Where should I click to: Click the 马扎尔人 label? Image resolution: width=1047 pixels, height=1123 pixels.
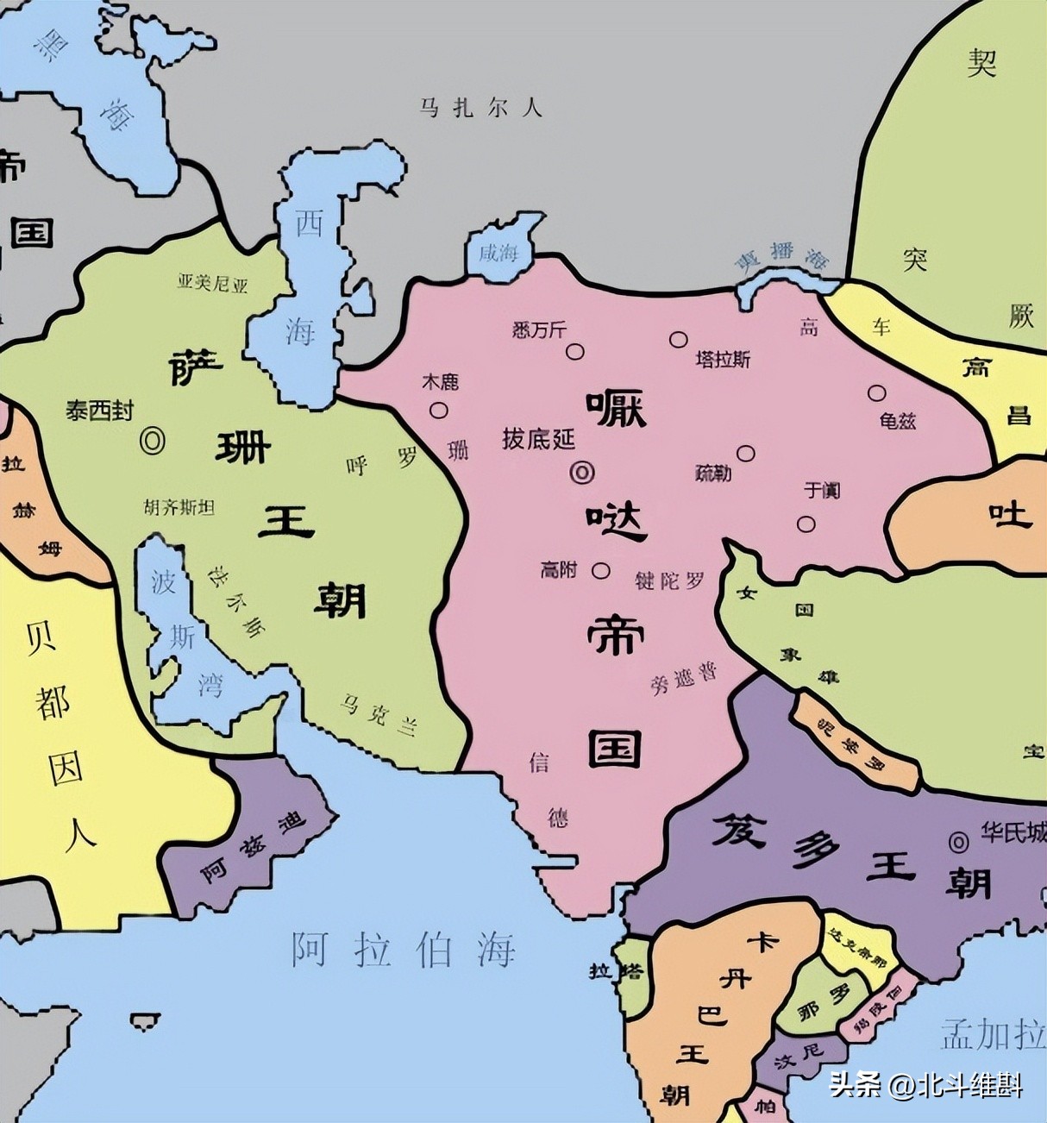point(480,108)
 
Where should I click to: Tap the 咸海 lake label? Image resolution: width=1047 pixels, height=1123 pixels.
point(498,253)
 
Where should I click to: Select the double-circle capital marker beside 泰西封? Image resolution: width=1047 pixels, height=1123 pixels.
point(153,441)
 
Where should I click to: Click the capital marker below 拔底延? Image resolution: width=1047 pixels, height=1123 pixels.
point(582,472)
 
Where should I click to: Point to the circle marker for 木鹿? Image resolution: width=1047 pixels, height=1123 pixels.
point(439,411)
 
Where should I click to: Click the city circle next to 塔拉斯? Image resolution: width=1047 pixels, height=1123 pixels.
point(679,339)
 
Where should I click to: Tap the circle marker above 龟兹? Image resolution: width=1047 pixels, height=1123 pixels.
point(876,393)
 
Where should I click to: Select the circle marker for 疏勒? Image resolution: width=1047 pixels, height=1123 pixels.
point(746,454)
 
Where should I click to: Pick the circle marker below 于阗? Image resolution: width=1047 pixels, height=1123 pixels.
point(806,524)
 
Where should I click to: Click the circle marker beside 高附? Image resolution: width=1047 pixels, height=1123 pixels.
point(601,570)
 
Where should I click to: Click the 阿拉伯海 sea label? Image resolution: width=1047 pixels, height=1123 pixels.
point(403,950)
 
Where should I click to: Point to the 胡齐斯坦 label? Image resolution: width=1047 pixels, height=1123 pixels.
point(179,507)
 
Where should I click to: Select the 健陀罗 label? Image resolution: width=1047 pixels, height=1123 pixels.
point(670,580)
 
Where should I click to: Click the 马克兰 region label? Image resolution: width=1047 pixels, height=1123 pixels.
point(377,715)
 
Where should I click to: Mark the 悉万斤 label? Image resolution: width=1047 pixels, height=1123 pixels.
point(539,329)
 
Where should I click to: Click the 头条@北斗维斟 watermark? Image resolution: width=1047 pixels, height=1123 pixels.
point(926,1084)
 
